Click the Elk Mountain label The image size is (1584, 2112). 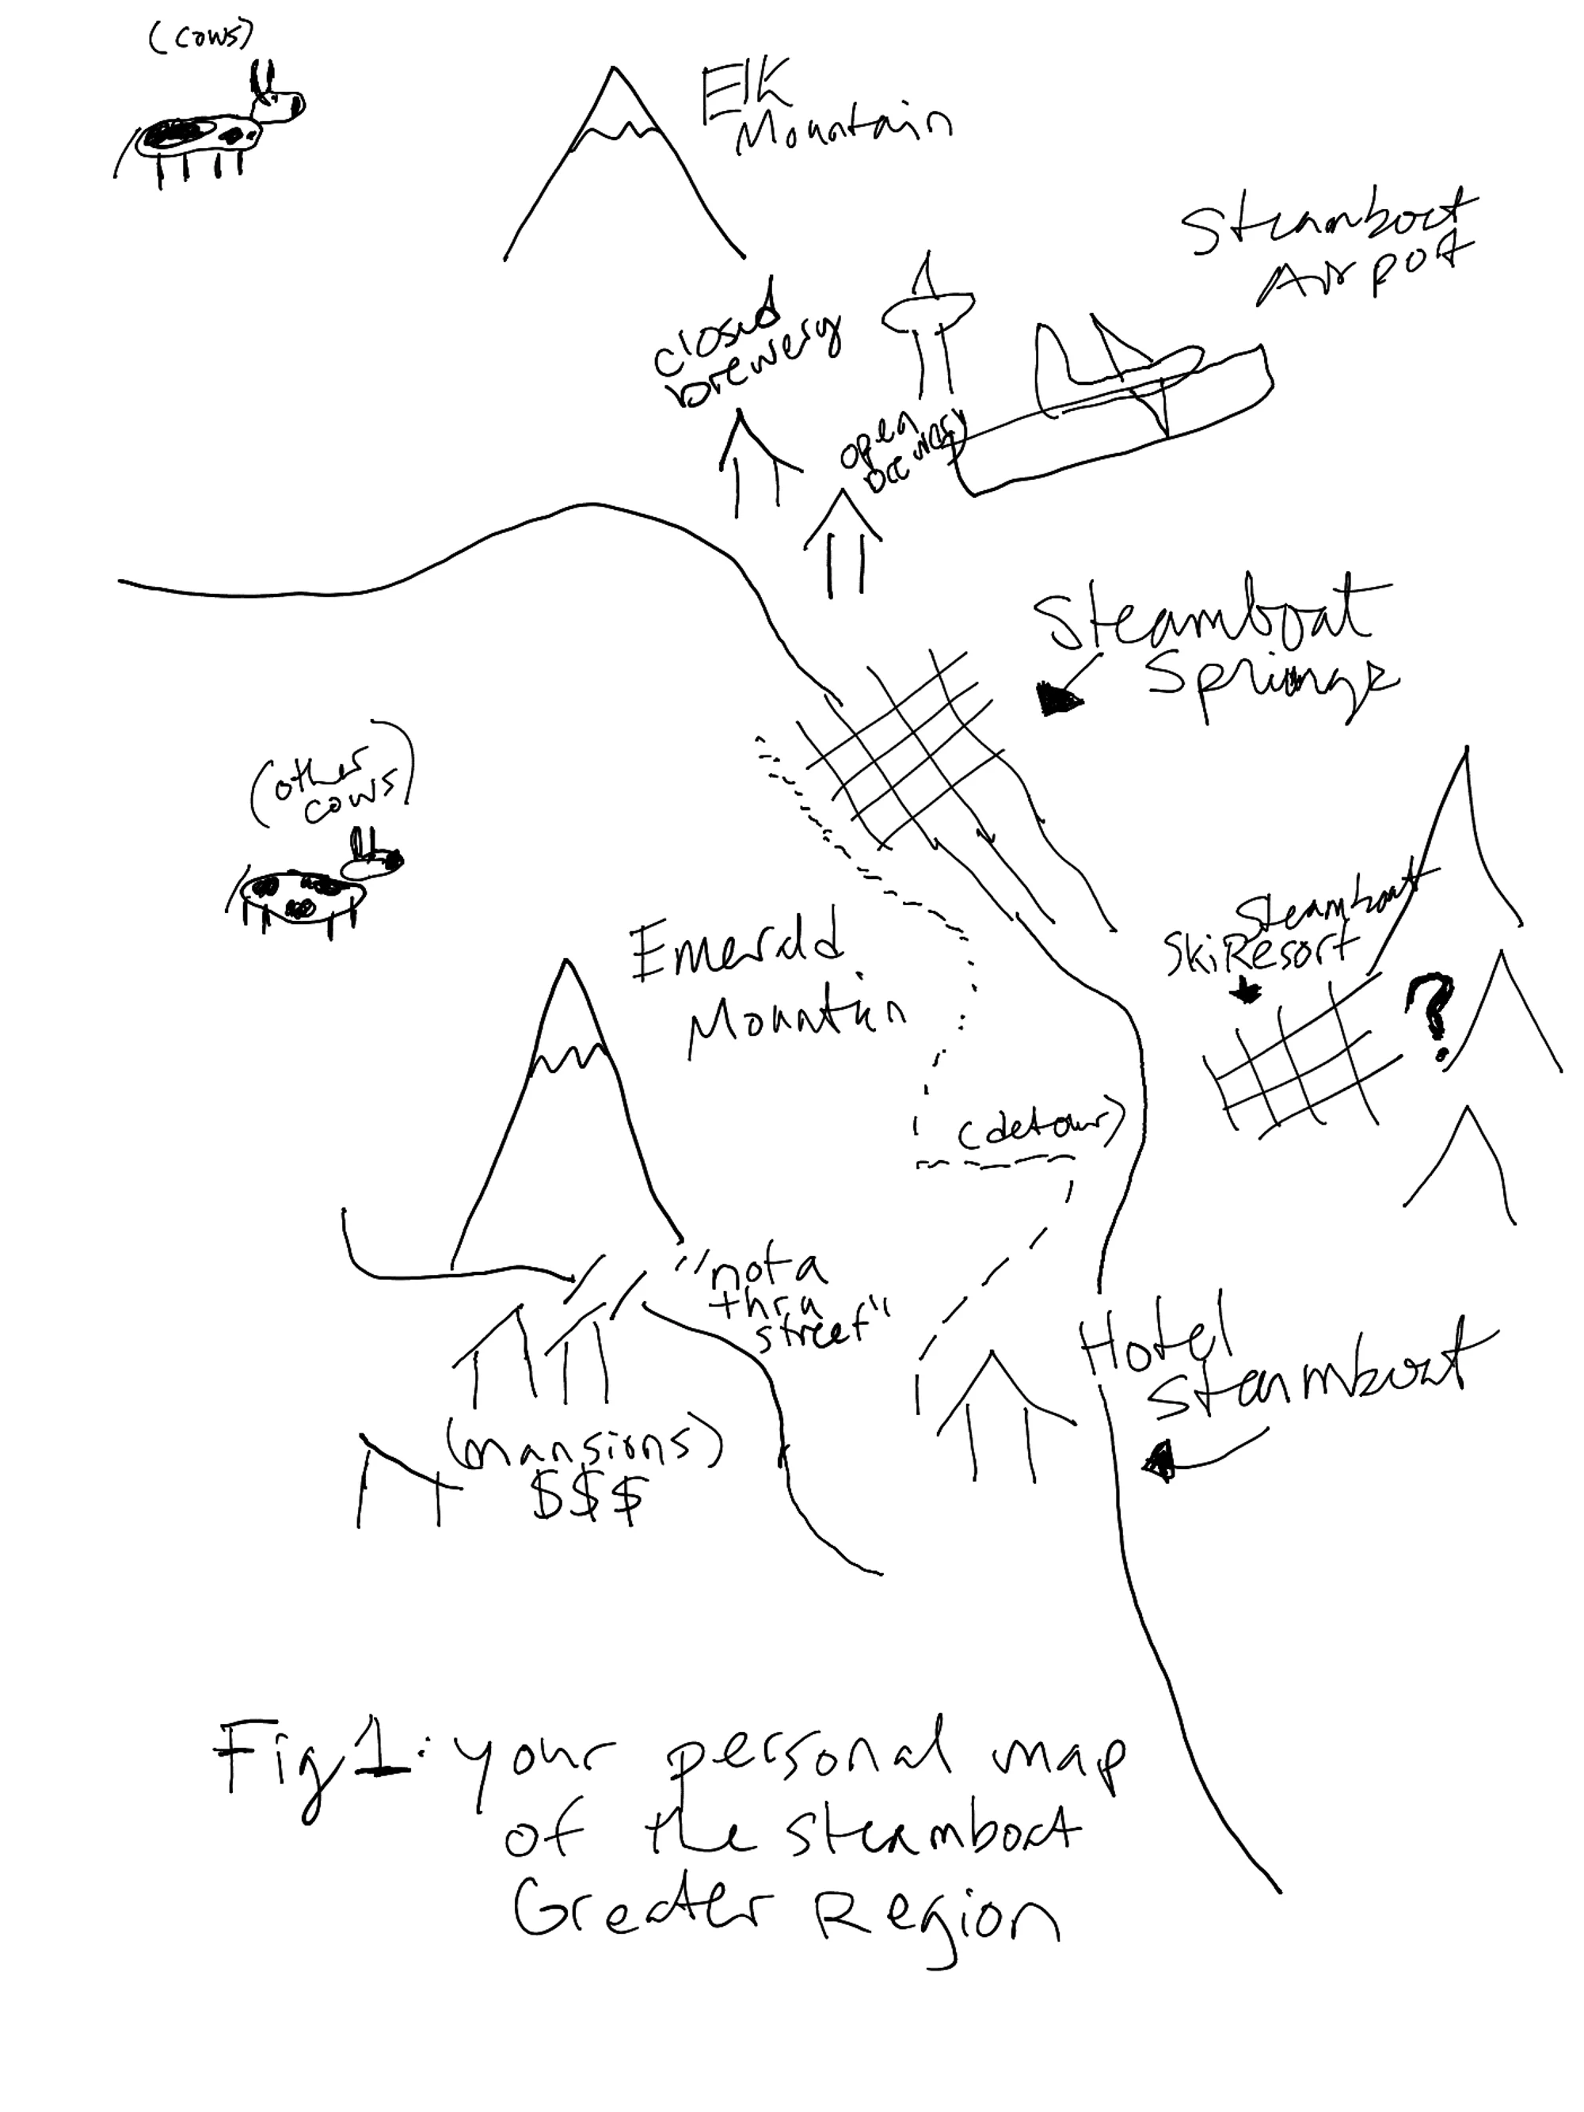[x=821, y=115]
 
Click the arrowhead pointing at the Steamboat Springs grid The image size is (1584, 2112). [x=1060, y=702]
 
